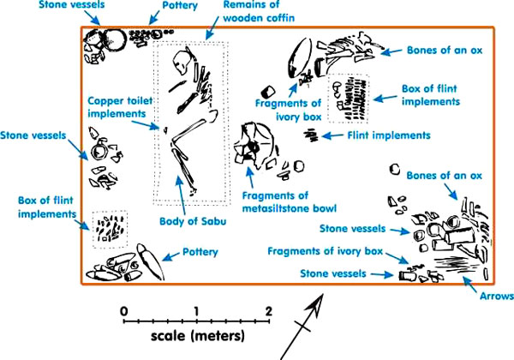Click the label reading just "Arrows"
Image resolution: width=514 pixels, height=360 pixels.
[x=496, y=297]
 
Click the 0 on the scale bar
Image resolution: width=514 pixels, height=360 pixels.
[x=124, y=310]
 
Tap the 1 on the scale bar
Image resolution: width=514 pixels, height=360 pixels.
[x=197, y=310]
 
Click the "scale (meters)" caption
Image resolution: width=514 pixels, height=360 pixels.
[x=196, y=333]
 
